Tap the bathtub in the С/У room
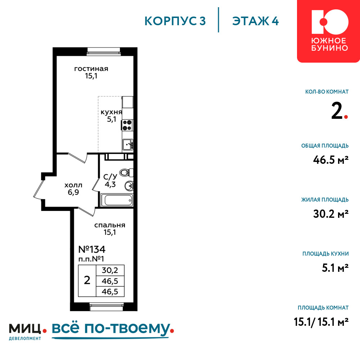pos(117,200)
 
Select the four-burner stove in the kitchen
pos(127,125)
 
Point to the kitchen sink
pos(127,145)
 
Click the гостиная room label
pos(91,69)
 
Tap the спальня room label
pos(110,225)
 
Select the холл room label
pos(73,185)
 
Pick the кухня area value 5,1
pos(112,119)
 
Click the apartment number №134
pos(92,249)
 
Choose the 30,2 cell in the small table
pos(110,270)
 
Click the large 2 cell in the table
pos(87,280)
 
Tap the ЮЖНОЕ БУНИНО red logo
pos(329,31)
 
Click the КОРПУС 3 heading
pos(175,21)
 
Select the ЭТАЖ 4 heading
pos(255,21)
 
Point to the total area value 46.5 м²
pos(331,159)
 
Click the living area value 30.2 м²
pos(331,214)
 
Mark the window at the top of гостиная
pos(104,51)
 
